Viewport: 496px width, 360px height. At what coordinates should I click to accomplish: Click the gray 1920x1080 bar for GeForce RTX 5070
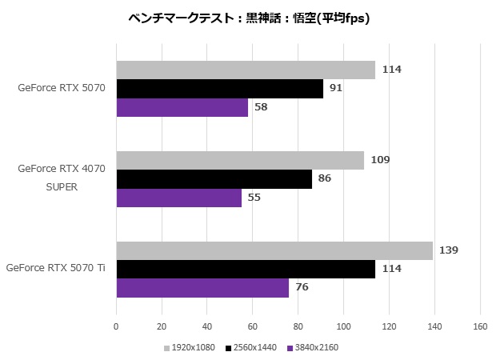pyautogui.click(x=246, y=70)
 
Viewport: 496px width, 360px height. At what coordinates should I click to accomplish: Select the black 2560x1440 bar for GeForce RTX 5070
pyautogui.click(x=220, y=88)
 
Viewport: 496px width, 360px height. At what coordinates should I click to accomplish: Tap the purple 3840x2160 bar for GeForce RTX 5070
pyautogui.click(x=182, y=106)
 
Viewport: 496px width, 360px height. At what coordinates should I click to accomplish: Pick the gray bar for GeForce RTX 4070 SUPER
pyautogui.click(x=240, y=160)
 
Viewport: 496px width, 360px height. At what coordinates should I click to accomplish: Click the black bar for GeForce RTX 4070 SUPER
pyautogui.click(x=214, y=178)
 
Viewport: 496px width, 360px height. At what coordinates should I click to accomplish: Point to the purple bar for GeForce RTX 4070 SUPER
pyautogui.click(x=179, y=197)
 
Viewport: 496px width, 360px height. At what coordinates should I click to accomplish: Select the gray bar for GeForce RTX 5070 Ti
pyautogui.click(x=274, y=250)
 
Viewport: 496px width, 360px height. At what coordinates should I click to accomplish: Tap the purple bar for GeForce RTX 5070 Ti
pyautogui.click(x=202, y=287)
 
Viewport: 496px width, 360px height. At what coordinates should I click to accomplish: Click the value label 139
pyautogui.click(x=449, y=250)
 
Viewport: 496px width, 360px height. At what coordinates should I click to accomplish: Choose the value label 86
pyautogui.click(x=324, y=178)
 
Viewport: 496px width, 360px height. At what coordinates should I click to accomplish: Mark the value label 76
pyautogui.click(x=302, y=287)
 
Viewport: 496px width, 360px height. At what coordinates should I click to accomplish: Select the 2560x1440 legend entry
pyautogui.click(x=251, y=347)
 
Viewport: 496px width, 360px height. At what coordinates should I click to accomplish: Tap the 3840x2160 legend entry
pyautogui.click(x=313, y=347)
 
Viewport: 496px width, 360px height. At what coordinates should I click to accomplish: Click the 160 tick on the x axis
pyautogui.click(x=480, y=326)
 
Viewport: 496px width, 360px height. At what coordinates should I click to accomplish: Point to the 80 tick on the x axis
pyautogui.click(x=298, y=326)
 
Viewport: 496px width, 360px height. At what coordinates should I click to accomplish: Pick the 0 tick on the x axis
pyautogui.click(x=117, y=326)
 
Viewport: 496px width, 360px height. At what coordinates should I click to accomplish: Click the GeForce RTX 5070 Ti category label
pyautogui.click(x=56, y=269)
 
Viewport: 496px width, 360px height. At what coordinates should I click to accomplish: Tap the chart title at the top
pyautogui.click(x=248, y=18)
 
